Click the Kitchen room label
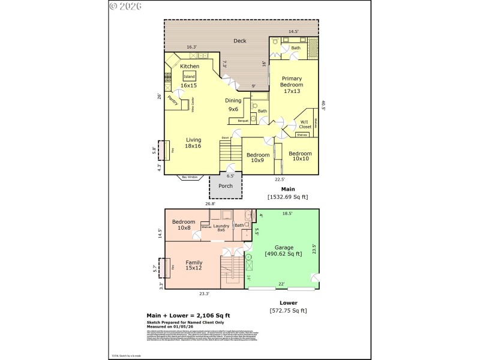click(x=190, y=66)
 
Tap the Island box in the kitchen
click(x=190, y=77)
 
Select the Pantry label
click(x=173, y=100)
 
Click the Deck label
click(x=240, y=41)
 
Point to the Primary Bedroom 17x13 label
click(x=291, y=85)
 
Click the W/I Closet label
click(x=305, y=125)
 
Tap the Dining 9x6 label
click(x=233, y=105)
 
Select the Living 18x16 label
click(x=193, y=143)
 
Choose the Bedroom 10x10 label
click(x=301, y=156)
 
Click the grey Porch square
click(x=226, y=185)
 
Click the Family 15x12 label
click(x=194, y=265)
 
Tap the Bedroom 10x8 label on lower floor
click(x=183, y=225)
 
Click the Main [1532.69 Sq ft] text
click(x=287, y=193)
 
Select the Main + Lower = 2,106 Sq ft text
click(x=189, y=314)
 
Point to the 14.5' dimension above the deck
click(x=293, y=31)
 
